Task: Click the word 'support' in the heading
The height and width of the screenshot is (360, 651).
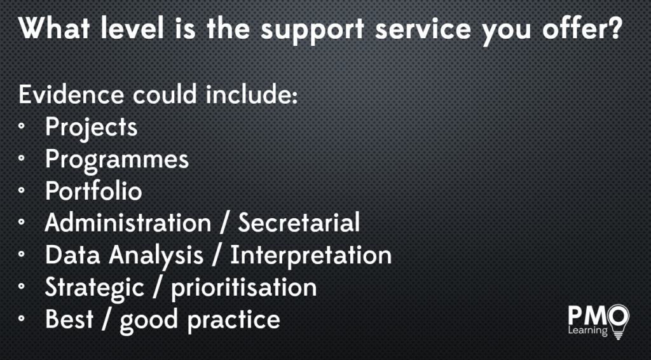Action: tap(312, 31)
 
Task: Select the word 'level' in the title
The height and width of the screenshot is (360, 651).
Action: tap(132, 28)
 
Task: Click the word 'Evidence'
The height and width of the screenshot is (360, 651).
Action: tap(71, 94)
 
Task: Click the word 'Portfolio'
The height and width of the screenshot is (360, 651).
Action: tap(94, 191)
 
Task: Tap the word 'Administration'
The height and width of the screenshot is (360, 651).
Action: tap(128, 223)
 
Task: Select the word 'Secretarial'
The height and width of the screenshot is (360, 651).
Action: tap(299, 223)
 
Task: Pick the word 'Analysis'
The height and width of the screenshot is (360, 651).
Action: tap(156, 256)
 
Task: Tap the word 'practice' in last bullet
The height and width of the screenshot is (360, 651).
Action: tap(234, 321)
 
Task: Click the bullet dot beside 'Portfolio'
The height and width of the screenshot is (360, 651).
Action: tap(22, 190)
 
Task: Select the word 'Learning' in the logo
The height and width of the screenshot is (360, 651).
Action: tap(587, 331)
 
